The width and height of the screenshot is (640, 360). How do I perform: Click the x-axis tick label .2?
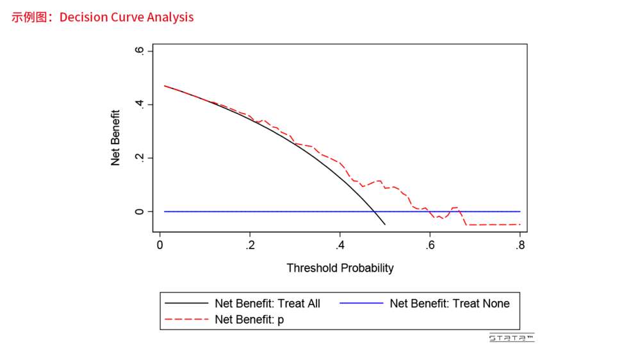(250, 245)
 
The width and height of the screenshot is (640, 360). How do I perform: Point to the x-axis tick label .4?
(340, 245)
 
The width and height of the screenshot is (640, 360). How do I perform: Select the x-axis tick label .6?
(430, 245)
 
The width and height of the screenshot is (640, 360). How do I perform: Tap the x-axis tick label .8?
(520, 245)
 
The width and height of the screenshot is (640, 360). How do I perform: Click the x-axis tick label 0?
(160, 245)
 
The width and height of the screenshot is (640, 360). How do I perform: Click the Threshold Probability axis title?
(340, 268)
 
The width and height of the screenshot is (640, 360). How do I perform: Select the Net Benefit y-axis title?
(116, 138)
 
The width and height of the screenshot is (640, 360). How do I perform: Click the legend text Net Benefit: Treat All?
(267, 304)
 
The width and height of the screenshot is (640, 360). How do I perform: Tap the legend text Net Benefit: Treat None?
(449, 304)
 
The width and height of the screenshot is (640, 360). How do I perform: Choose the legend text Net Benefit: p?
(249, 319)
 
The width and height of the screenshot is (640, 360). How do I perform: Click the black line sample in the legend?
(187, 304)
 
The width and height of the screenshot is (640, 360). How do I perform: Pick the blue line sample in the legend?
(361, 304)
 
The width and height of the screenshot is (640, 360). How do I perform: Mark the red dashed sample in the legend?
(187, 319)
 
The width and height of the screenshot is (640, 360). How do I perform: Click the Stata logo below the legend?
(511, 338)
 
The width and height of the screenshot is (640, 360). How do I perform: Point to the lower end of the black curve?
(385, 224)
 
